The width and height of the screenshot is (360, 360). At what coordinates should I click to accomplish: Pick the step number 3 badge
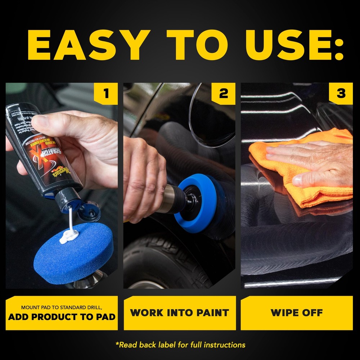tap(341, 94)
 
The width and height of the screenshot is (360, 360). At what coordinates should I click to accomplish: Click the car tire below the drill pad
tap(162, 263)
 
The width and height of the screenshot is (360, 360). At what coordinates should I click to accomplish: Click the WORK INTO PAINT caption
tap(180, 312)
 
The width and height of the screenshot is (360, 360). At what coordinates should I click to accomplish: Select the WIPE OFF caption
tap(297, 312)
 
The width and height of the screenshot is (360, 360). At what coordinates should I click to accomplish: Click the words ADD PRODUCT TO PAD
tap(62, 317)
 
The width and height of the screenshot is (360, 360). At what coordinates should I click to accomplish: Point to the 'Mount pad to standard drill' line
tap(62, 308)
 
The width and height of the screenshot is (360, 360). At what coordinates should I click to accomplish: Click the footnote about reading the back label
tap(180, 345)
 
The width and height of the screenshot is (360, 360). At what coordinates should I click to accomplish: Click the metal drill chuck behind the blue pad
tap(173, 198)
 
